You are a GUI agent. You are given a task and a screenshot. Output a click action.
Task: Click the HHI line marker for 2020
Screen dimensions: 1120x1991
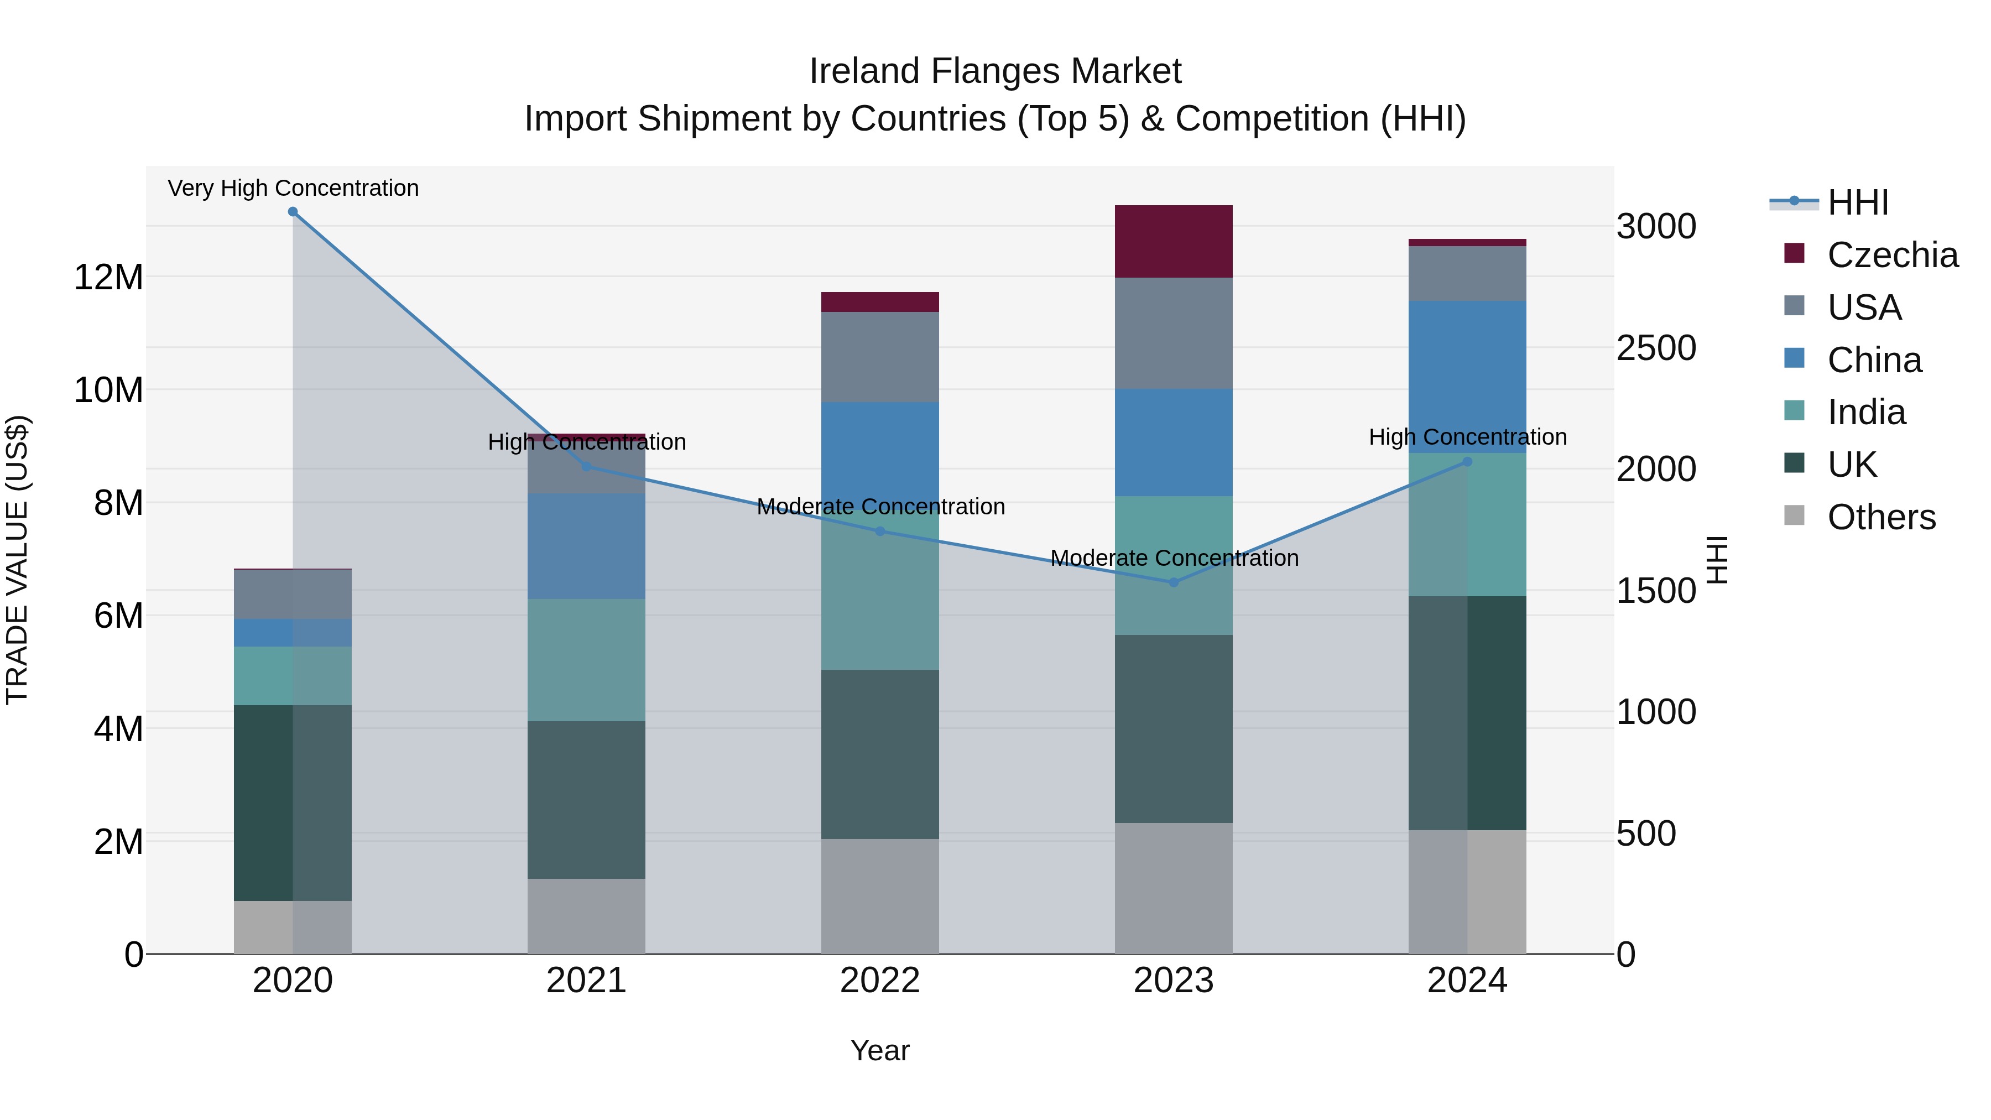pyautogui.click(x=293, y=212)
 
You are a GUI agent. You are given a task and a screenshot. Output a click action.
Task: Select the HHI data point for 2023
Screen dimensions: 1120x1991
pyautogui.click(x=1173, y=582)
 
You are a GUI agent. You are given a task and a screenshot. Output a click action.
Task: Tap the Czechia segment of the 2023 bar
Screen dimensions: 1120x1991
pyautogui.click(x=1173, y=241)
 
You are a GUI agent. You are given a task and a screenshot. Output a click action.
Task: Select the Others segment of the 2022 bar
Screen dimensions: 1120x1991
pyautogui.click(x=879, y=896)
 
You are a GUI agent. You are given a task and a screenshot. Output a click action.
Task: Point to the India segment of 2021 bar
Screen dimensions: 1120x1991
pyautogui.click(x=586, y=659)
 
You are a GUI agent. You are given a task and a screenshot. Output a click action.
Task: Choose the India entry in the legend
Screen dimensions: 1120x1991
pyautogui.click(x=1866, y=412)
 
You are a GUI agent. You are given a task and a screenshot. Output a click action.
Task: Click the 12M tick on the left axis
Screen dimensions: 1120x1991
pyautogui.click(x=108, y=277)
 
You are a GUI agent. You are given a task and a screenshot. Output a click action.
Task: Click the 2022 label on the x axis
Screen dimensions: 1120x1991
pyautogui.click(x=879, y=981)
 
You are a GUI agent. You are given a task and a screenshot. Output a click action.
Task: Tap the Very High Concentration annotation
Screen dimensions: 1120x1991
pyautogui.click(x=293, y=188)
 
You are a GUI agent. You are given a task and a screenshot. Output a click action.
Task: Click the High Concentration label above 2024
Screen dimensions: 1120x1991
pyautogui.click(x=1467, y=437)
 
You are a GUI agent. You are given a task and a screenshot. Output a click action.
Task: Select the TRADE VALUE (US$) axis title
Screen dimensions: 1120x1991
pyautogui.click(x=17, y=560)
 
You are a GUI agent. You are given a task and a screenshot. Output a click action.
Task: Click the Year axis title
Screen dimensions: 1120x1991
pyautogui.click(x=879, y=1050)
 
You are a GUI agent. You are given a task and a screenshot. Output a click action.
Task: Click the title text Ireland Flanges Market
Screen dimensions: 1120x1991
pyautogui.click(x=995, y=71)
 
